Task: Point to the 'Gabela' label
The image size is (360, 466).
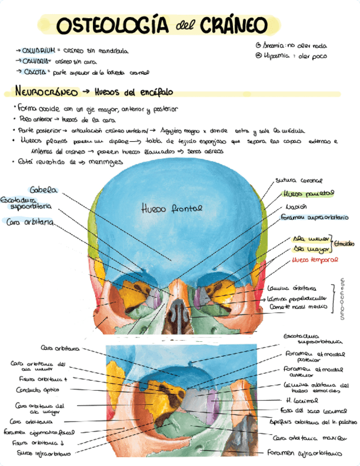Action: (43, 190)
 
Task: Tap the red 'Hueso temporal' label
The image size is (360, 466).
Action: (315, 259)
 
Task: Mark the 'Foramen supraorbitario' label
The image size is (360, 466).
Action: (314, 218)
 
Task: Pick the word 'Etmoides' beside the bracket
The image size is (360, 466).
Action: (344, 243)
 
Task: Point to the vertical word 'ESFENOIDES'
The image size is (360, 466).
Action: (342, 298)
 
